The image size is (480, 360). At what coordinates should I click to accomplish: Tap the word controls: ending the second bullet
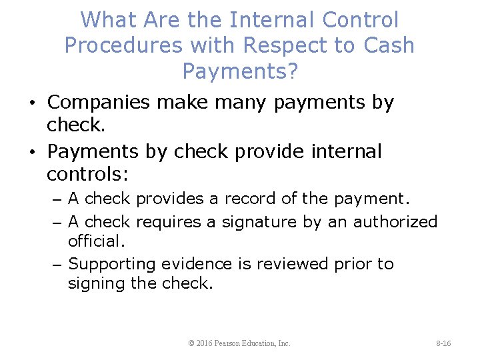pyautogui.click(x=87, y=175)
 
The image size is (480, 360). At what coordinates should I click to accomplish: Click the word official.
pyautogui.click(x=96, y=241)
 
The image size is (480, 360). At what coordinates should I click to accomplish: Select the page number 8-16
pyautogui.click(x=443, y=343)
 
